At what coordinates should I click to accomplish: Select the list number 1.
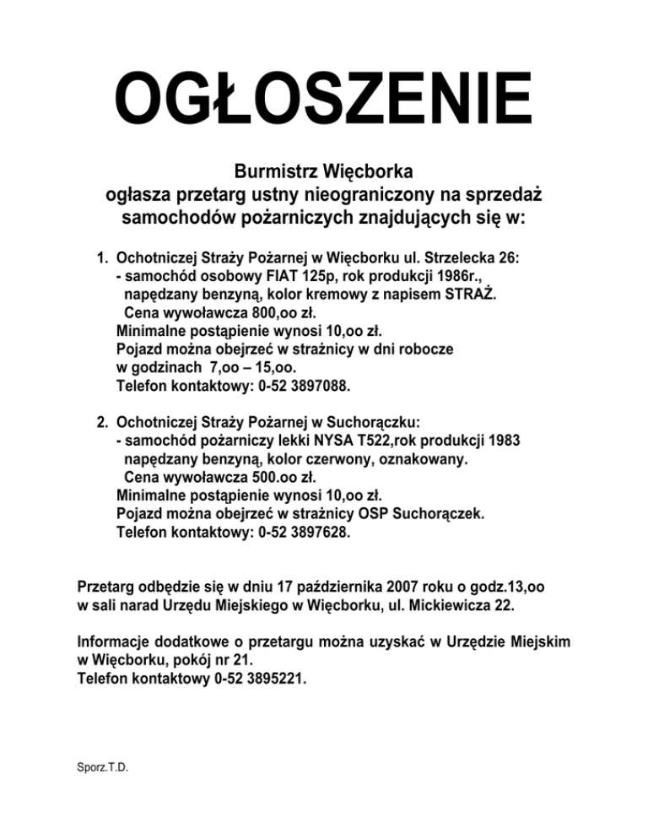tap(100, 256)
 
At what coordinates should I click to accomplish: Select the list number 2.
tap(100, 419)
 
